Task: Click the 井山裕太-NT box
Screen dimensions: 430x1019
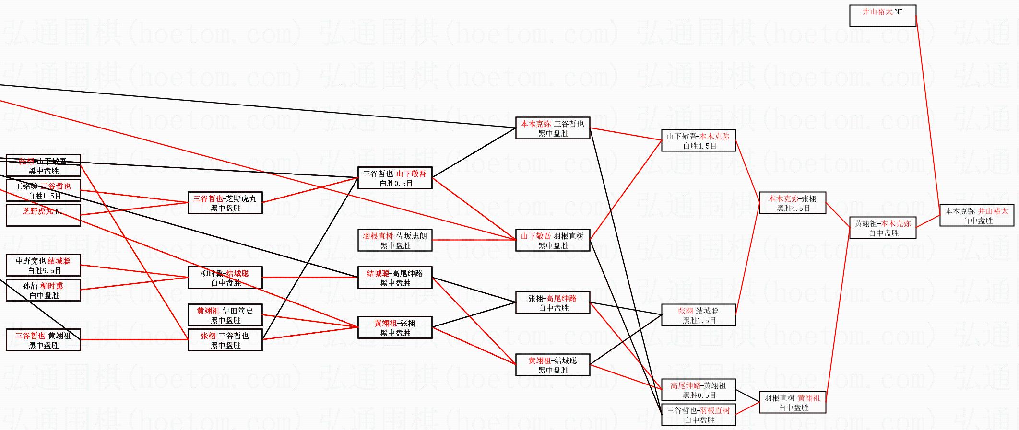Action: click(x=883, y=16)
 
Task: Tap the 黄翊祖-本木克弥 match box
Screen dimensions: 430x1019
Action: click(x=883, y=228)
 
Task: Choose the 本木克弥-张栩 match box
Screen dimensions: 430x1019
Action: click(x=793, y=203)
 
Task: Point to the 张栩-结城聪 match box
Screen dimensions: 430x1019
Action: click(x=699, y=315)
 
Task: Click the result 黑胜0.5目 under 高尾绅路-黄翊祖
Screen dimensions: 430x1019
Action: click(x=699, y=395)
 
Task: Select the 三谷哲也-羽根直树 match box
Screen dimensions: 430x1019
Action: click(x=699, y=415)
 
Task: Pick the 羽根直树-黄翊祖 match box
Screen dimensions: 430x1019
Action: click(x=793, y=403)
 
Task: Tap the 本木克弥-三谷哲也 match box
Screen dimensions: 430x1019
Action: click(x=553, y=128)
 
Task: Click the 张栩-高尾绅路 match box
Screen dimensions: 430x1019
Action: click(x=553, y=303)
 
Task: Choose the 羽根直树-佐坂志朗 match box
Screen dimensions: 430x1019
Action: click(x=395, y=241)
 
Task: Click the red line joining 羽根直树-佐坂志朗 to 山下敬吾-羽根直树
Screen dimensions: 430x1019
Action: click(x=474, y=240)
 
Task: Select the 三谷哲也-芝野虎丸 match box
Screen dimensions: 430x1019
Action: click(x=225, y=203)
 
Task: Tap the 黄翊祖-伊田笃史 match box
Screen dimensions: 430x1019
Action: click(x=225, y=315)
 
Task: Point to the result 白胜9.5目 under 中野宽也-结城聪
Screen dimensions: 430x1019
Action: click(x=44, y=271)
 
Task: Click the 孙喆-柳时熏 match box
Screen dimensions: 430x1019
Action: click(x=43, y=291)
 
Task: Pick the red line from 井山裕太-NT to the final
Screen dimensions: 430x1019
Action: click(x=928, y=115)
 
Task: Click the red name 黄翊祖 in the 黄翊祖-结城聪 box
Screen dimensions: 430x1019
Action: click(x=540, y=360)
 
